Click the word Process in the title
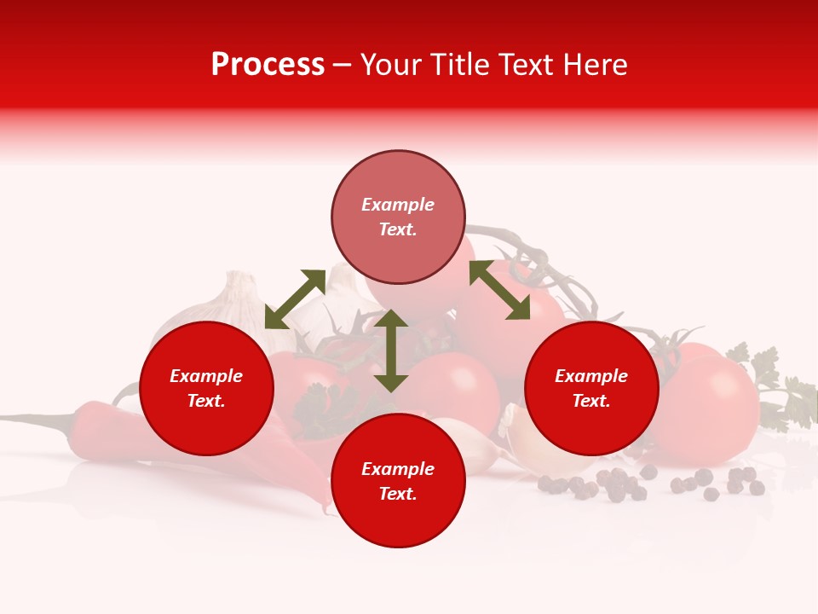click(268, 65)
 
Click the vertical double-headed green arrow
click(391, 350)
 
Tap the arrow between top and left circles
click(295, 299)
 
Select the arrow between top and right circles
click(499, 290)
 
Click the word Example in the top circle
click(398, 205)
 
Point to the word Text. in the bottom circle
click(398, 495)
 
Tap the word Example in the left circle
click(206, 376)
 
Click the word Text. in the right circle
click(591, 401)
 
